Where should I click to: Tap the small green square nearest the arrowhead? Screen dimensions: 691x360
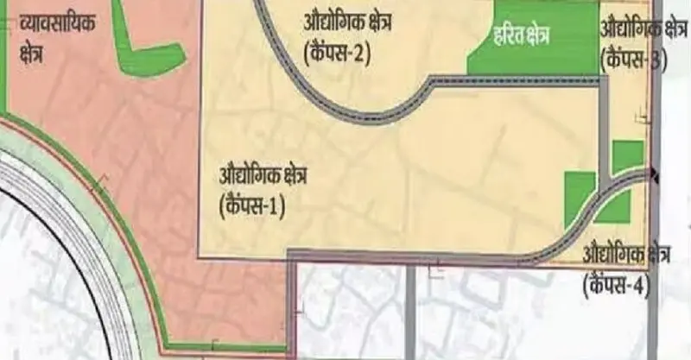627,155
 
